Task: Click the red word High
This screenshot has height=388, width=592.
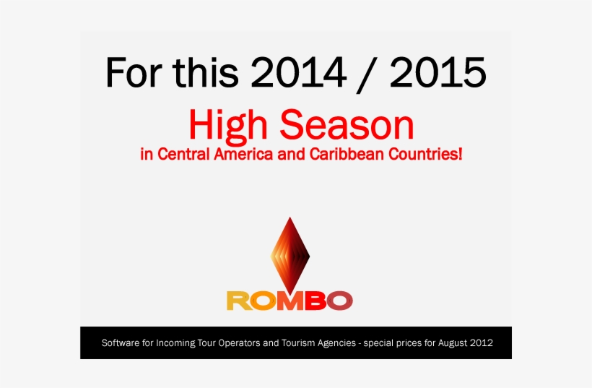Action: click(x=230, y=125)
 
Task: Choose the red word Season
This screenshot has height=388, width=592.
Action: click(x=348, y=125)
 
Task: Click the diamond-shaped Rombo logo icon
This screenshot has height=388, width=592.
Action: click(x=290, y=253)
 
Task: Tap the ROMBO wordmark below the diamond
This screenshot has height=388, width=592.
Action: click(x=290, y=300)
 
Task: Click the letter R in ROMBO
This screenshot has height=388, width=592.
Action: click(x=239, y=300)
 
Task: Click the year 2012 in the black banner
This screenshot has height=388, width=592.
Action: click(x=482, y=342)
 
